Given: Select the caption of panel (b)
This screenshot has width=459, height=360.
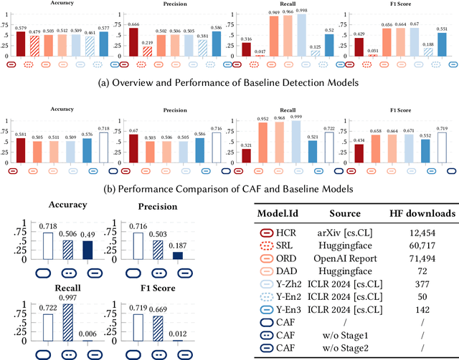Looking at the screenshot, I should [x=229, y=189].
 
